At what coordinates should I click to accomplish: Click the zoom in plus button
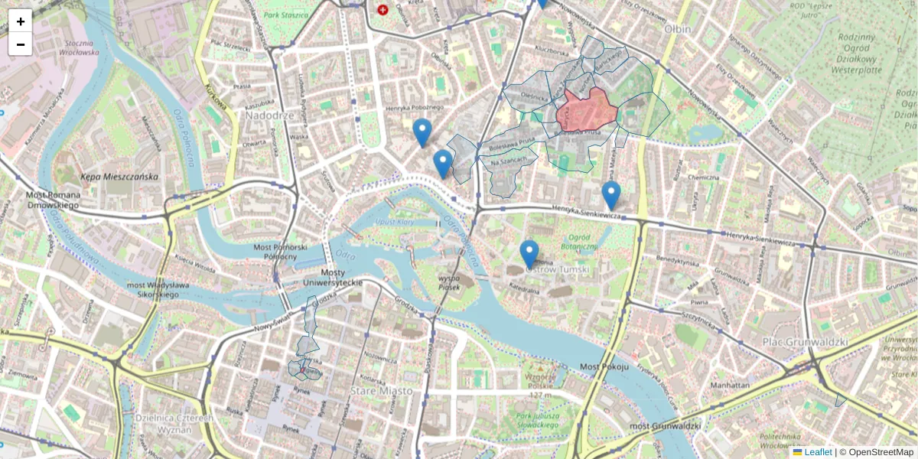[x=21, y=21]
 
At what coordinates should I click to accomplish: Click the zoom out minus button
[x=21, y=44]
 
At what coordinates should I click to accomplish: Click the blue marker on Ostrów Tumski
[x=529, y=253]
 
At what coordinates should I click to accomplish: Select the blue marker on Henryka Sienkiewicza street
[x=610, y=194]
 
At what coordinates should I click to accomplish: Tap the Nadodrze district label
[x=269, y=115]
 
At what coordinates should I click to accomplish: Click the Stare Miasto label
[x=381, y=391]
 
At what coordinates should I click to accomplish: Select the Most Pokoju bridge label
[x=604, y=367]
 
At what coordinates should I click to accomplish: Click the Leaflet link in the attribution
[x=817, y=452]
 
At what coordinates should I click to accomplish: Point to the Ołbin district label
[x=677, y=29]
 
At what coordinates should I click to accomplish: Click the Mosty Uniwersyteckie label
[x=331, y=278]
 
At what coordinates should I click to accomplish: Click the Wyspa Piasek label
[x=454, y=283]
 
